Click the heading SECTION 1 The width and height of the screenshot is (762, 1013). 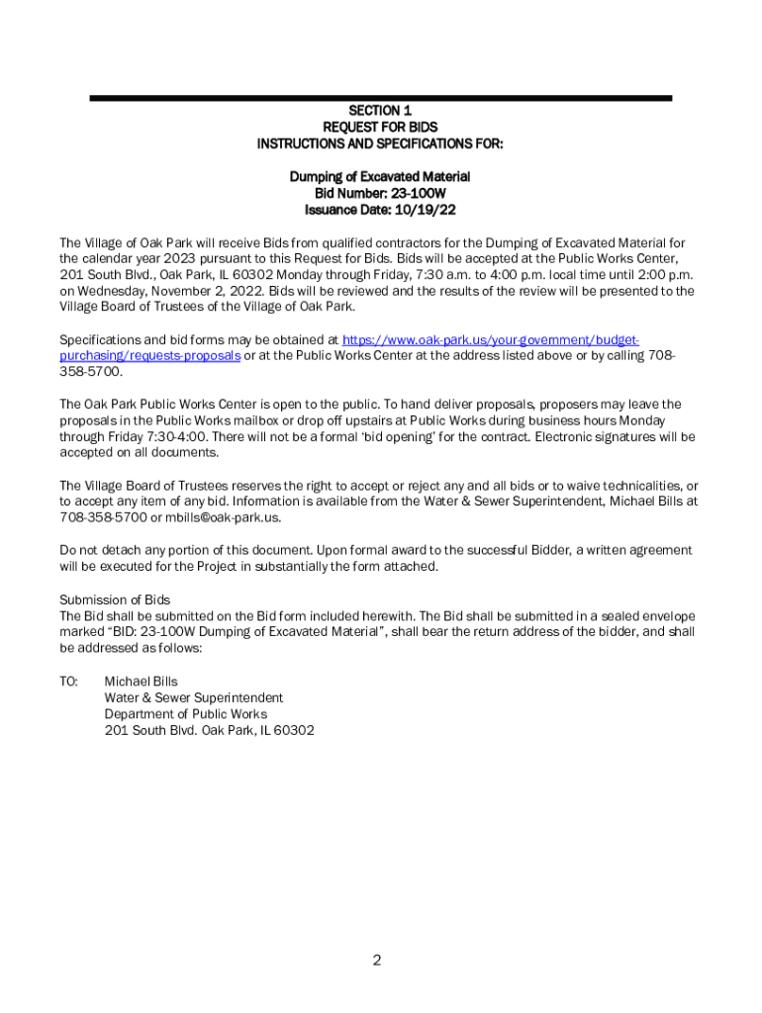[380, 111]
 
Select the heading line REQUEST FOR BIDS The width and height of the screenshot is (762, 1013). [380, 128]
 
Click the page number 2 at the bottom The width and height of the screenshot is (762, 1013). [377, 960]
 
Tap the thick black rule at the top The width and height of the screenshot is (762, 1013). [380, 98]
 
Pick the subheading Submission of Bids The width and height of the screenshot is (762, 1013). [115, 599]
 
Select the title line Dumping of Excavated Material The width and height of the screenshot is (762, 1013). [380, 177]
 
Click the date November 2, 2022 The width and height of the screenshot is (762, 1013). [196, 292]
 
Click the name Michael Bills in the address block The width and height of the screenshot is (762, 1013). [141, 682]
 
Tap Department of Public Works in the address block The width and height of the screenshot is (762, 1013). [186, 714]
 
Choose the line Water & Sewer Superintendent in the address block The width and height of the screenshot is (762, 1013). [194, 698]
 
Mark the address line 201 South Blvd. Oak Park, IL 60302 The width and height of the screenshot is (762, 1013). [210, 731]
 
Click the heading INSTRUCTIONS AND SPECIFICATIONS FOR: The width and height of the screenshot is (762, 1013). [380, 144]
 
